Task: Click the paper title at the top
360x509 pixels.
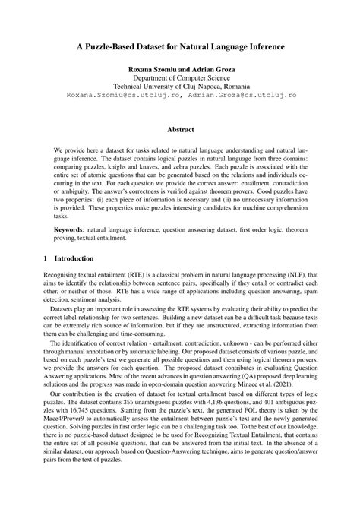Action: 180,46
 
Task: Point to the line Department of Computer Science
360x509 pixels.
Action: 180,77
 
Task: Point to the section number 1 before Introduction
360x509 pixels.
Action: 46,259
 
